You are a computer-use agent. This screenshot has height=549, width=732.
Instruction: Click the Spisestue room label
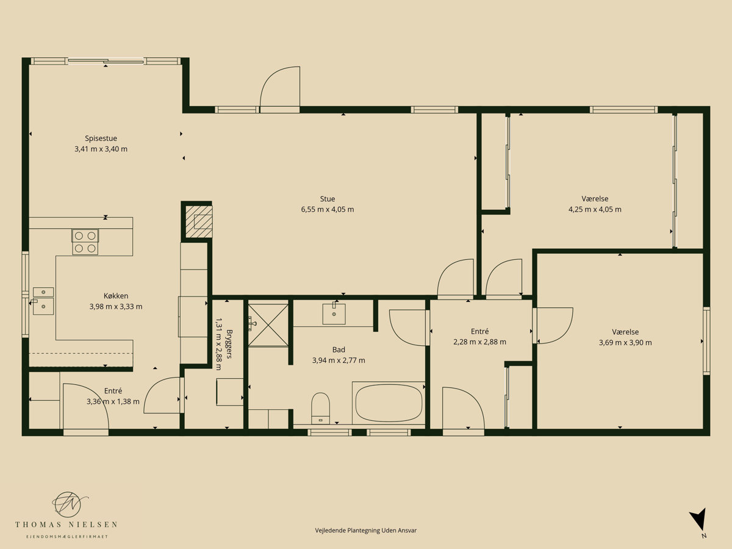[101, 138]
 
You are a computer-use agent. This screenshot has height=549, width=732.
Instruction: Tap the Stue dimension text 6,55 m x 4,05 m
[327, 209]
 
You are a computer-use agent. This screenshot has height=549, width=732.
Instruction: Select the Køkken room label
[116, 296]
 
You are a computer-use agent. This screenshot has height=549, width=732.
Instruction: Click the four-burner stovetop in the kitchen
[85, 242]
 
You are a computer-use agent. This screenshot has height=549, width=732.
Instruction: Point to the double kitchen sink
[43, 301]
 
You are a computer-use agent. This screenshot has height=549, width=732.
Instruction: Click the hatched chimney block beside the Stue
[199, 221]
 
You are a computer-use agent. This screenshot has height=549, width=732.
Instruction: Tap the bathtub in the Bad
[389, 403]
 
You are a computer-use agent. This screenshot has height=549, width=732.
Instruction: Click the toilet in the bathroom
[320, 408]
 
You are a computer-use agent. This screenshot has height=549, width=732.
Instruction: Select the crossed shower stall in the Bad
[268, 325]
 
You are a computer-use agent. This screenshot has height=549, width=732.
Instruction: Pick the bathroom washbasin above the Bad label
[334, 314]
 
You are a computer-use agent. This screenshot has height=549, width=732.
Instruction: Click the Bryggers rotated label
[229, 343]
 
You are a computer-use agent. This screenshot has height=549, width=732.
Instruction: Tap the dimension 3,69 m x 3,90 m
[625, 342]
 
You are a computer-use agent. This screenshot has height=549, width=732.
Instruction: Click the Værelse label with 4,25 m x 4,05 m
[595, 199]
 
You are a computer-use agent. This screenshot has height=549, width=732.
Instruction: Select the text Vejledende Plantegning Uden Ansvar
[366, 530]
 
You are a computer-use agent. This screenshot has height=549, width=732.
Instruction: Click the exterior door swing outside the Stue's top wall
[280, 87]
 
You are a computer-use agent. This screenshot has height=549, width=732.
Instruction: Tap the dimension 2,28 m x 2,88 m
[479, 342]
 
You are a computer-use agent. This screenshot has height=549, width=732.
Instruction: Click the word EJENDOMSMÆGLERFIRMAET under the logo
[67, 537]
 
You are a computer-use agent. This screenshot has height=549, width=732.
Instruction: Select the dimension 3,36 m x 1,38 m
[113, 401]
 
